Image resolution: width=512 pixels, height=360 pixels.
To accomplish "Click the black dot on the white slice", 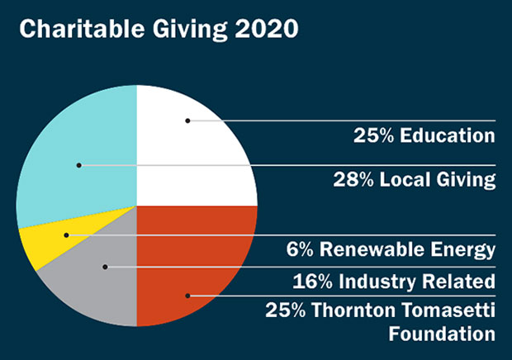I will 187,121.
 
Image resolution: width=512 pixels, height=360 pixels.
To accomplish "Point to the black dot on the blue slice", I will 79,165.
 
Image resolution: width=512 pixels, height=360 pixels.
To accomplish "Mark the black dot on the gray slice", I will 106,267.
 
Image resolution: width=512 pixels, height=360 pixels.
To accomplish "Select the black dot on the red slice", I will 187,295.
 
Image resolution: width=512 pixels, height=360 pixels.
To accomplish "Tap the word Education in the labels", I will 449,135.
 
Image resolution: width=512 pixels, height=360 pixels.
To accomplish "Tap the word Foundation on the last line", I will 442,334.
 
